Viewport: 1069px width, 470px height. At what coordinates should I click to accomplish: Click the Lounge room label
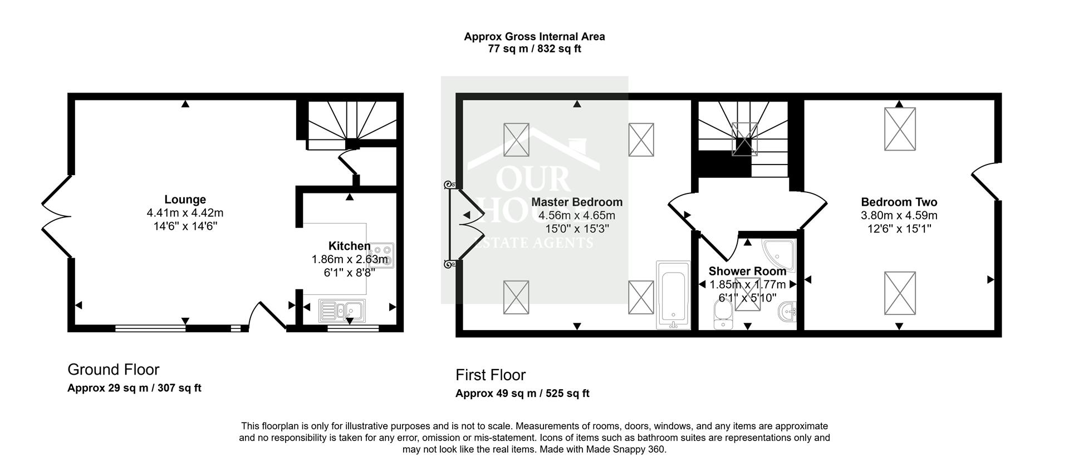tap(185, 200)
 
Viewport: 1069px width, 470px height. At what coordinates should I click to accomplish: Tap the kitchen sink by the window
tap(342, 311)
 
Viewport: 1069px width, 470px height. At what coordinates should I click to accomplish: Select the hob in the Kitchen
tap(383, 255)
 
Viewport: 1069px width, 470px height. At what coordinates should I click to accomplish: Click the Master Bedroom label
tap(577, 202)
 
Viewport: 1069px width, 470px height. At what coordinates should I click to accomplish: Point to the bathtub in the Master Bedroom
tap(673, 295)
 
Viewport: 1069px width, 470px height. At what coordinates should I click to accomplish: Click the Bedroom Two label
tap(899, 202)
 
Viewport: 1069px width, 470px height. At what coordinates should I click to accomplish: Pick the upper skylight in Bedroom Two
tap(900, 129)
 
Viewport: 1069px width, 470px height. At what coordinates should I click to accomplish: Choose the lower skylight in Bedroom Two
tap(900, 293)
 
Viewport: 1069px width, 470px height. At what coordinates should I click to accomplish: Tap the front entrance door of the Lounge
tap(268, 316)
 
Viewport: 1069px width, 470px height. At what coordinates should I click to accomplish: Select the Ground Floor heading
tap(114, 370)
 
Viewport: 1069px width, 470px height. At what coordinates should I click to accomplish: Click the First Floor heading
tap(491, 375)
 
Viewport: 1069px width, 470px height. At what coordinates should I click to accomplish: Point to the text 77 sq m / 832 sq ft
tap(534, 49)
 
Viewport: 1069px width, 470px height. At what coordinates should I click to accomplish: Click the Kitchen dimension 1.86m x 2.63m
tap(350, 259)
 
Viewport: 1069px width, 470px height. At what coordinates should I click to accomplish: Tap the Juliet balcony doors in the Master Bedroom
tap(465, 225)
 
